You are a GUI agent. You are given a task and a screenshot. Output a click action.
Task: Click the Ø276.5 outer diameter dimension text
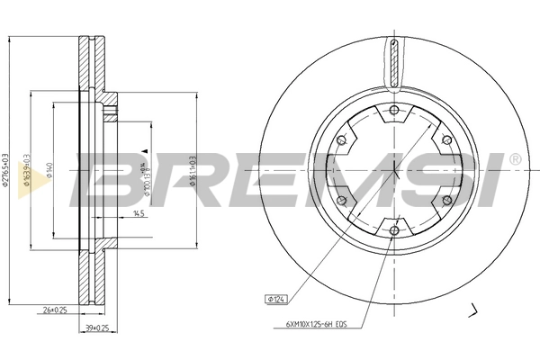[x=8, y=167]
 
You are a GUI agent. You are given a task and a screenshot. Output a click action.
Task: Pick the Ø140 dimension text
[x=50, y=167]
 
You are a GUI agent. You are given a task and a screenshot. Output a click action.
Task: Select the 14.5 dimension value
[x=138, y=213]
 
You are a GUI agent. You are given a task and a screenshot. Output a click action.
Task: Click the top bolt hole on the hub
[x=394, y=111]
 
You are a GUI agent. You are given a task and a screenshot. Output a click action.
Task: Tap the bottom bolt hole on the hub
[x=394, y=230]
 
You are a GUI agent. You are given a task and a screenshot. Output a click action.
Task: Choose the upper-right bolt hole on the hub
[x=446, y=140]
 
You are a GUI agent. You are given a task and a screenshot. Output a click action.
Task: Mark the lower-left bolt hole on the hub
[x=342, y=201]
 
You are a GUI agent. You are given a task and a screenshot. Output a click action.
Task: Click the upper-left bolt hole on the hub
[x=342, y=140]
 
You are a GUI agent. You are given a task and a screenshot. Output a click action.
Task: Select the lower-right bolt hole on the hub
[x=446, y=201]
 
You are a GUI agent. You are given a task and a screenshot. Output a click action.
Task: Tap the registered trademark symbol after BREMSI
[x=514, y=159]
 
